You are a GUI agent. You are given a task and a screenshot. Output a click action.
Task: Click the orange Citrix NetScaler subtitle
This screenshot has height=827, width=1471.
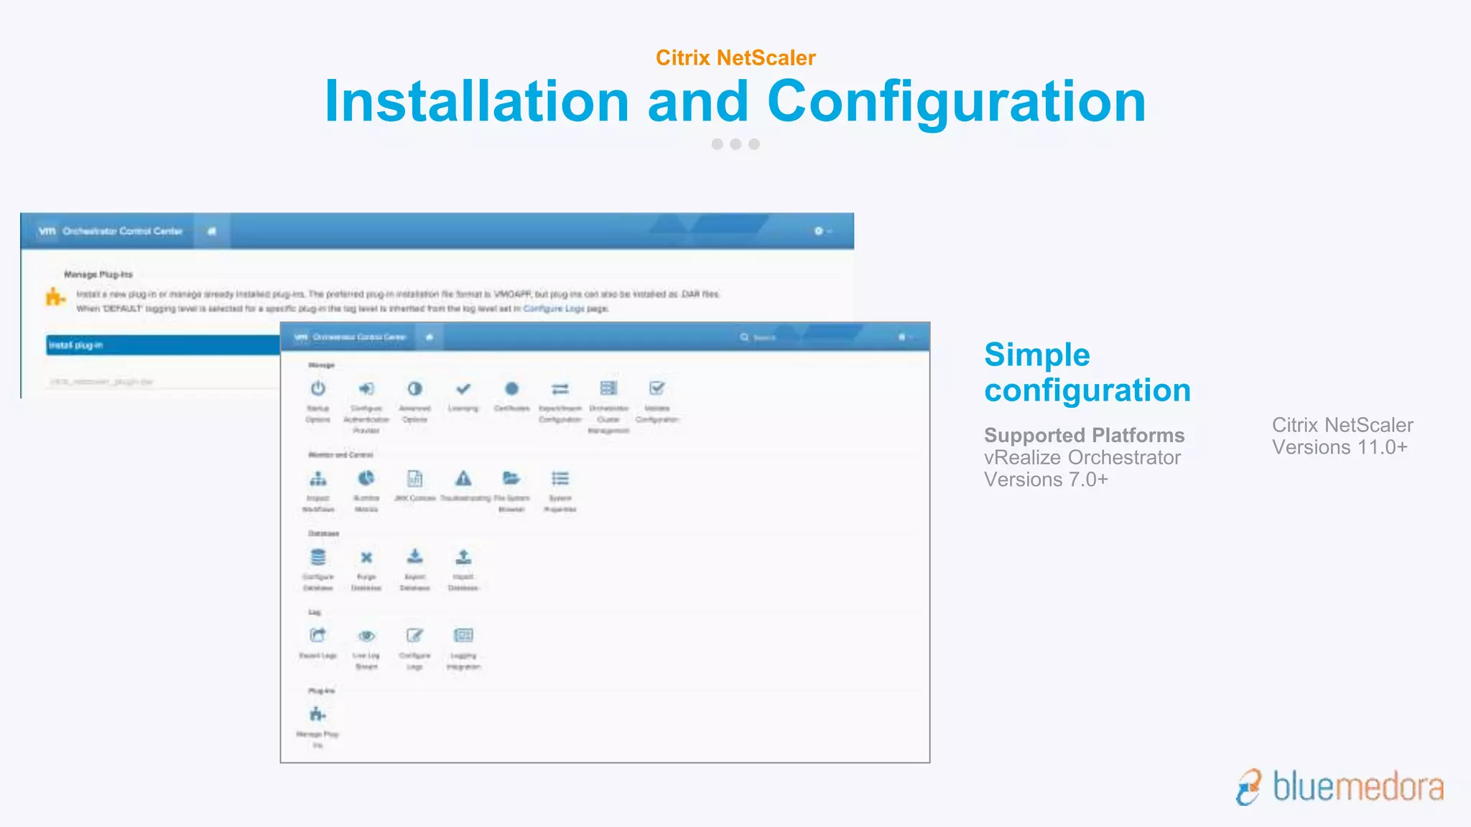pyautogui.click(x=735, y=57)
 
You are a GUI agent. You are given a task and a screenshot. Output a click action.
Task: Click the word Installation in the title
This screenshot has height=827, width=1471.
pyautogui.click(x=476, y=101)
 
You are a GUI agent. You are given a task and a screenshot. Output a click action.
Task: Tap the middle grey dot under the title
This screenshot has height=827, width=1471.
pyautogui.click(x=735, y=144)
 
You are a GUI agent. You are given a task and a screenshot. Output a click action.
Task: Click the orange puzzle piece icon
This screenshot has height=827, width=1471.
pyautogui.click(x=55, y=296)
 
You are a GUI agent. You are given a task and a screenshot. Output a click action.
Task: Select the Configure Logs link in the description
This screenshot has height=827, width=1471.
pyautogui.click(x=554, y=309)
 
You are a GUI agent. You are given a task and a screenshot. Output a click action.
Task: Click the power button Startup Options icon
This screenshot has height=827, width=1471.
pyautogui.click(x=318, y=388)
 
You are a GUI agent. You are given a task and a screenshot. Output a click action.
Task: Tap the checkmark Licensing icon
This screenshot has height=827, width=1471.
pyautogui.click(x=463, y=388)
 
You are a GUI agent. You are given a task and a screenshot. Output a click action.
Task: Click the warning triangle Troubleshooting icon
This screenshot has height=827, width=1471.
pyautogui.click(x=463, y=478)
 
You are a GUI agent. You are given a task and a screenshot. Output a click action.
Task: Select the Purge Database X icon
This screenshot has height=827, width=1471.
pyautogui.click(x=366, y=557)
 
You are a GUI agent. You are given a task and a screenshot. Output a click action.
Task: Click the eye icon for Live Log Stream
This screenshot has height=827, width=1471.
pyautogui.click(x=366, y=636)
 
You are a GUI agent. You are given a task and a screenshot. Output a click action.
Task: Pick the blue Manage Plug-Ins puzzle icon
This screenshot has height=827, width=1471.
pyautogui.click(x=317, y=714)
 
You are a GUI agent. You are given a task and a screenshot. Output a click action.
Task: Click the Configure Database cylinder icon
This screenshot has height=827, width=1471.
pyautogui.click(x=318, y=557)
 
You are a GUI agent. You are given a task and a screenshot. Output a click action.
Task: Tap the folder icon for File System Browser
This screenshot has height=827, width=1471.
pyautogui.click(x=511, y=478)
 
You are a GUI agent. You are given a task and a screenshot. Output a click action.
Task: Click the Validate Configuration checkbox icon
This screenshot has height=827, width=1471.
pyautogui.click(x=656, y=388)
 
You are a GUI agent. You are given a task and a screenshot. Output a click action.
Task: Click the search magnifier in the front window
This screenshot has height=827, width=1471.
pyautogui.click(x=745, y=337)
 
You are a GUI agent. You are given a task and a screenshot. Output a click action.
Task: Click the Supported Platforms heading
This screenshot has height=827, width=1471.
pyautogui.click(x=1084, y=435)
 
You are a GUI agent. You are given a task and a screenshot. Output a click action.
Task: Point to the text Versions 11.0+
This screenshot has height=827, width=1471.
pyautogui.click(x=1340, y=447)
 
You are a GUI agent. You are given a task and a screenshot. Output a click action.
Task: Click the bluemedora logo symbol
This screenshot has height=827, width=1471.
pyautogui.click(x=1249, y=788)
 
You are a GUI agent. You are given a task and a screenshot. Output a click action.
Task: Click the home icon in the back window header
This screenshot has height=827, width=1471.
pyautogui.click(x=212, y=231)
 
